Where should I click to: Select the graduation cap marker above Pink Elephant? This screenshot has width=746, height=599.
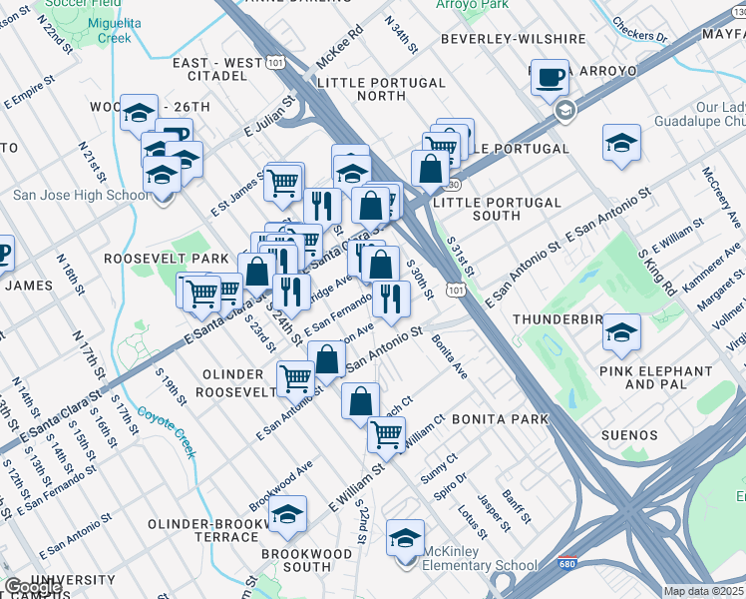click(x=621, y=332)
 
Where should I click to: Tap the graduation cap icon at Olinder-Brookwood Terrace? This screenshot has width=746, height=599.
click(x=287, y=514)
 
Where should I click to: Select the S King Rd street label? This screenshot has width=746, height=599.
click(x=657, y=269)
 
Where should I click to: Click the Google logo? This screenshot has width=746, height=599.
click(x=32, y=587)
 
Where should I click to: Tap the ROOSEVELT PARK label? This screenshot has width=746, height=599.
click(x=154, y=258)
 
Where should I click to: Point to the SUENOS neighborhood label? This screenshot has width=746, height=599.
click(x=629, y=435)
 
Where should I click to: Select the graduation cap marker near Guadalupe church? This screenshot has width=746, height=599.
click(x=621, y=143)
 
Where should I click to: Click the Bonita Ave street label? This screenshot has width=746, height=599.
click(x=449, y=356)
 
